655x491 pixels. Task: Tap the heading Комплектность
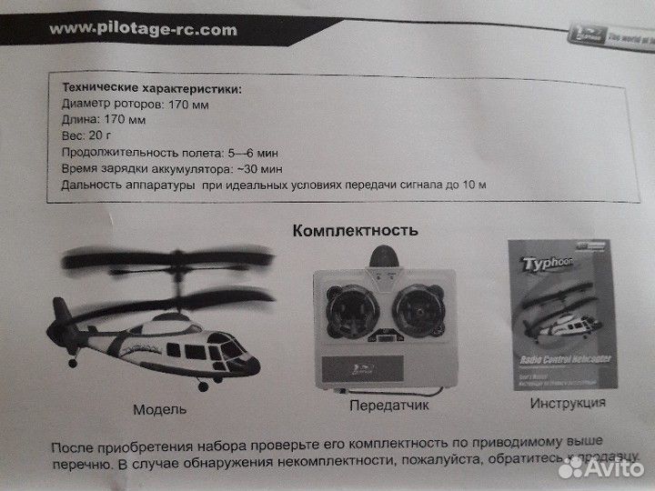(355, 230)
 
